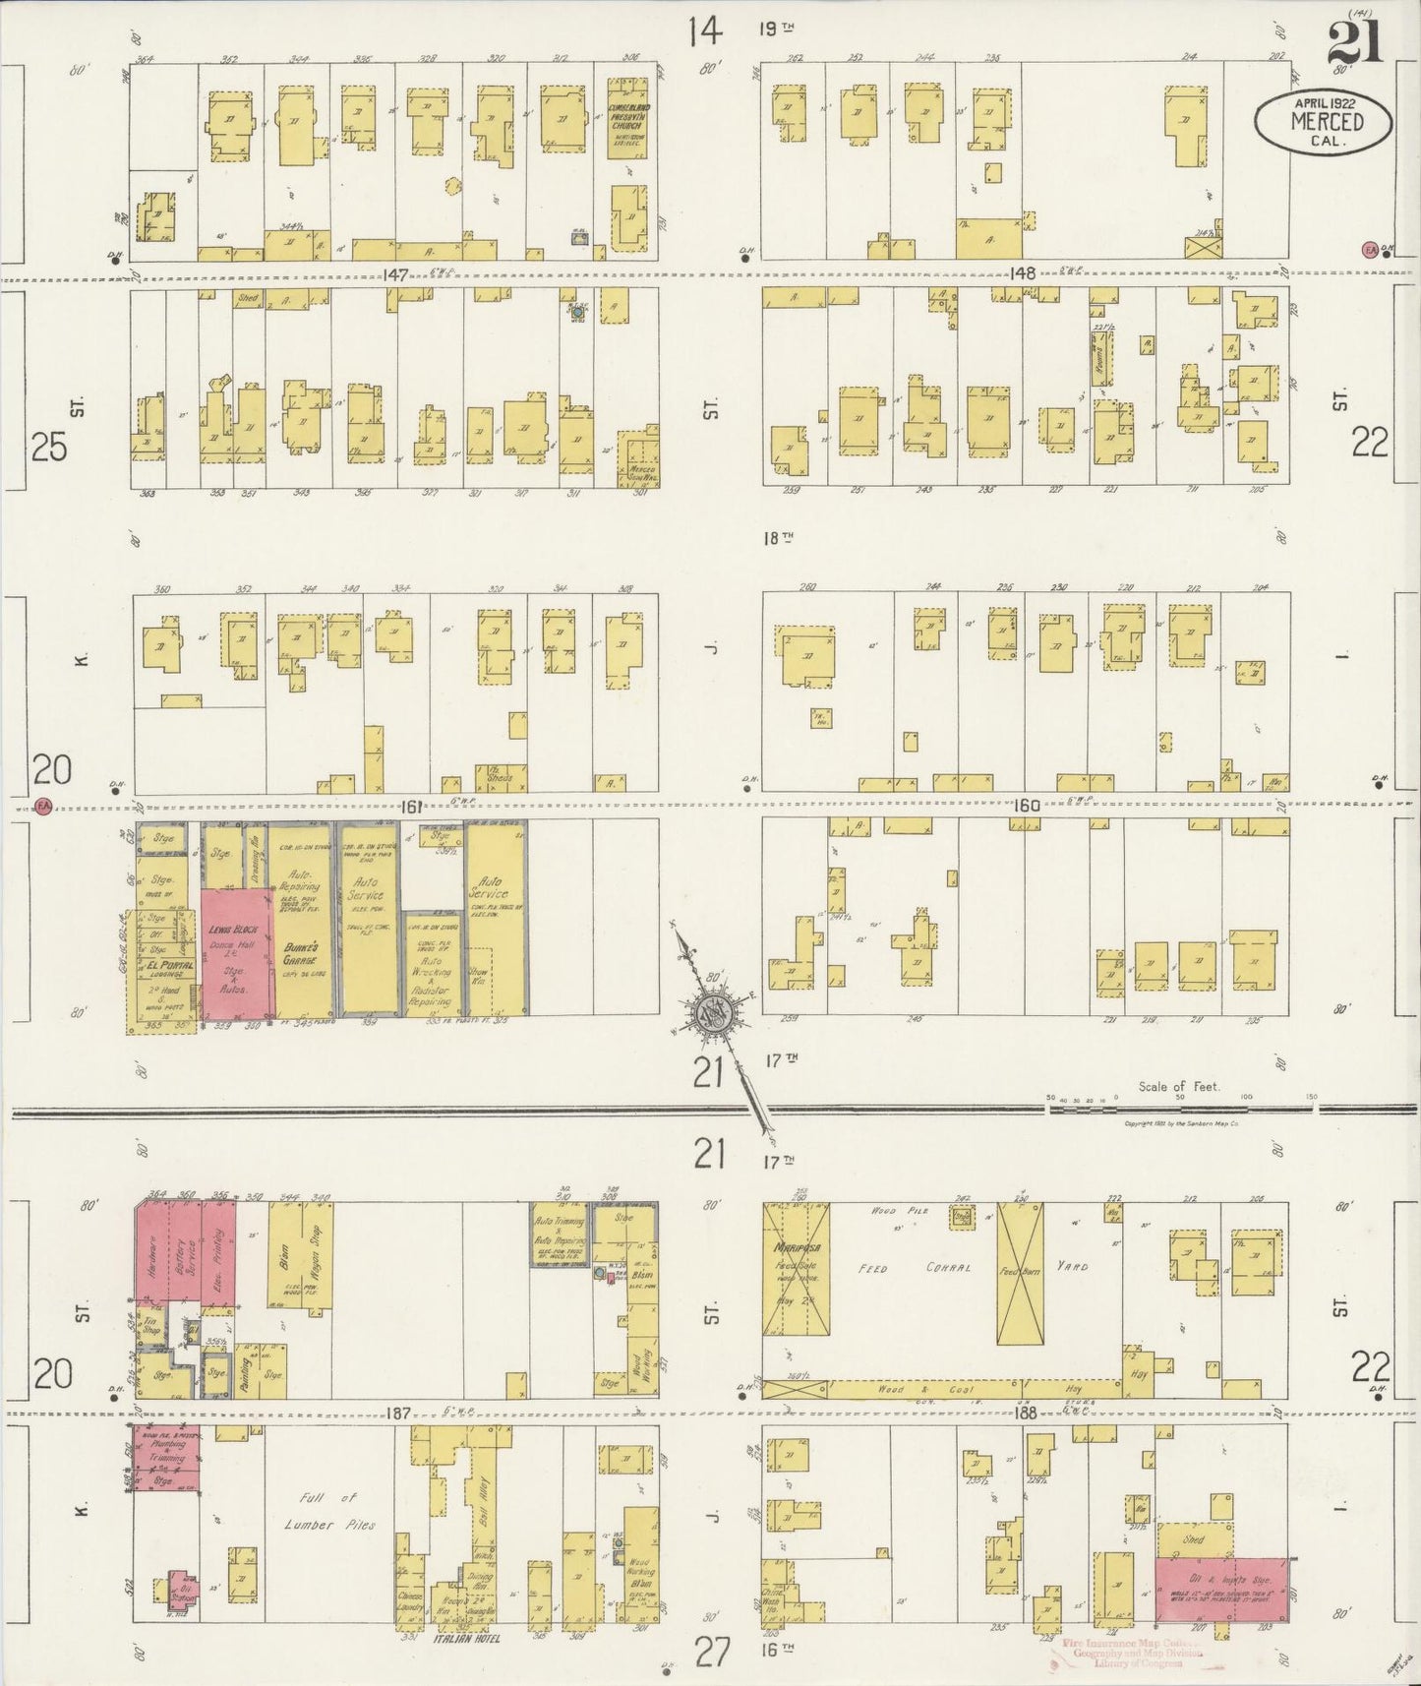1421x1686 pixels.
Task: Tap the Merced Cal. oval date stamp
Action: point(1323,121)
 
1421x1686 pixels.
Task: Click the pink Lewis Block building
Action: point(237,953)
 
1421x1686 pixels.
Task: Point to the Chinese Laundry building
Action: point(411,1602)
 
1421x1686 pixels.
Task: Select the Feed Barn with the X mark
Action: point(1021,1274)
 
